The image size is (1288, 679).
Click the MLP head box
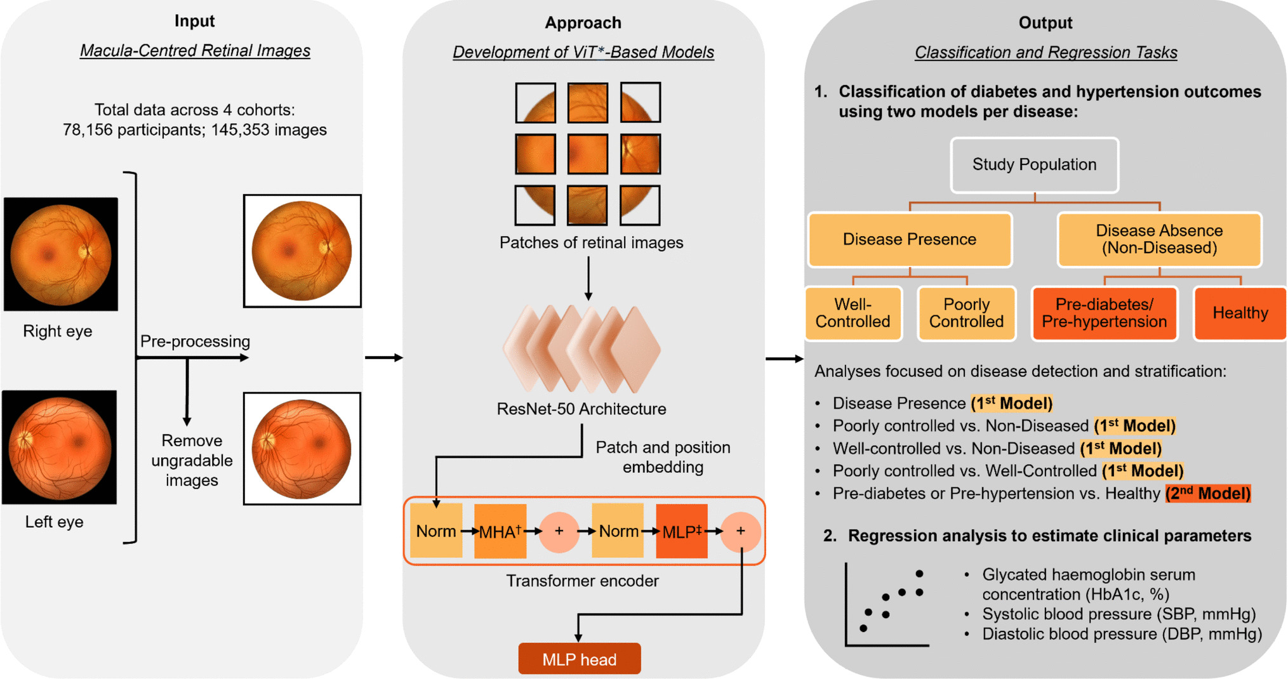579,659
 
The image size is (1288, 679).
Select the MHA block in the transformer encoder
500,531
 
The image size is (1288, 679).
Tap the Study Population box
1034,165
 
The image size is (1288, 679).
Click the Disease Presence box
909,239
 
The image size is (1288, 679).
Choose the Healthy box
1240,313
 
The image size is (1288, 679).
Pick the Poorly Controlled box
966,313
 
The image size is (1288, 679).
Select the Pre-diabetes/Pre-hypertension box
1104,313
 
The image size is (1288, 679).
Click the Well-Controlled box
853,313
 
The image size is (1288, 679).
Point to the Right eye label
57,331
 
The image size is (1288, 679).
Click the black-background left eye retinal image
60,447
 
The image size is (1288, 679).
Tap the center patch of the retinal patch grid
587,154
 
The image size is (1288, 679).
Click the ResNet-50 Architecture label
581,409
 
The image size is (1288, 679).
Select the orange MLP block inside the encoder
681,531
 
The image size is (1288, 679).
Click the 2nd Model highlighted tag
1207,493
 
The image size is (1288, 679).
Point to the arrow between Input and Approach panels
383,358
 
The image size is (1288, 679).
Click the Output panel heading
1045,23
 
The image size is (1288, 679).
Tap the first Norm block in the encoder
435,531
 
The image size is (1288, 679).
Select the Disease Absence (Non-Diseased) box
1159,239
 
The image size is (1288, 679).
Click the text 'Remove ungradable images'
192,460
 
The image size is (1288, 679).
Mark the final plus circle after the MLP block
740,531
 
